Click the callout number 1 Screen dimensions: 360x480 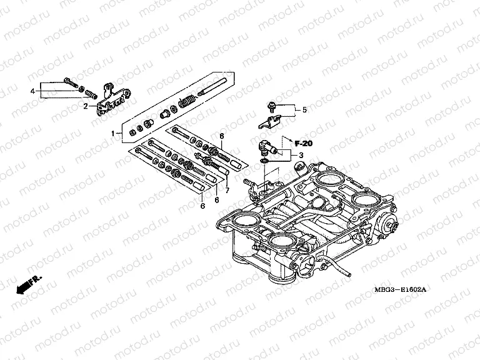pyautogui.click(x=114, y=133)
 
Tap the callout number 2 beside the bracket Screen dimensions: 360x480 pyautogui.click(x=86, y=106)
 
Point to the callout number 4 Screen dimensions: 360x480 pyautogui.click(x=32, y=91)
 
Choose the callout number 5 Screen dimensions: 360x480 pyautogui.click(x=304, y=110)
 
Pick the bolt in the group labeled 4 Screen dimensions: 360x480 pyautogui.click(x=70, y=83)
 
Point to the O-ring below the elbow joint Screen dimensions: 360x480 pyautogui.click(x=266, y=163)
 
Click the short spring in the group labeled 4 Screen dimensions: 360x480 pyautogui.click(x=92, y=95)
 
